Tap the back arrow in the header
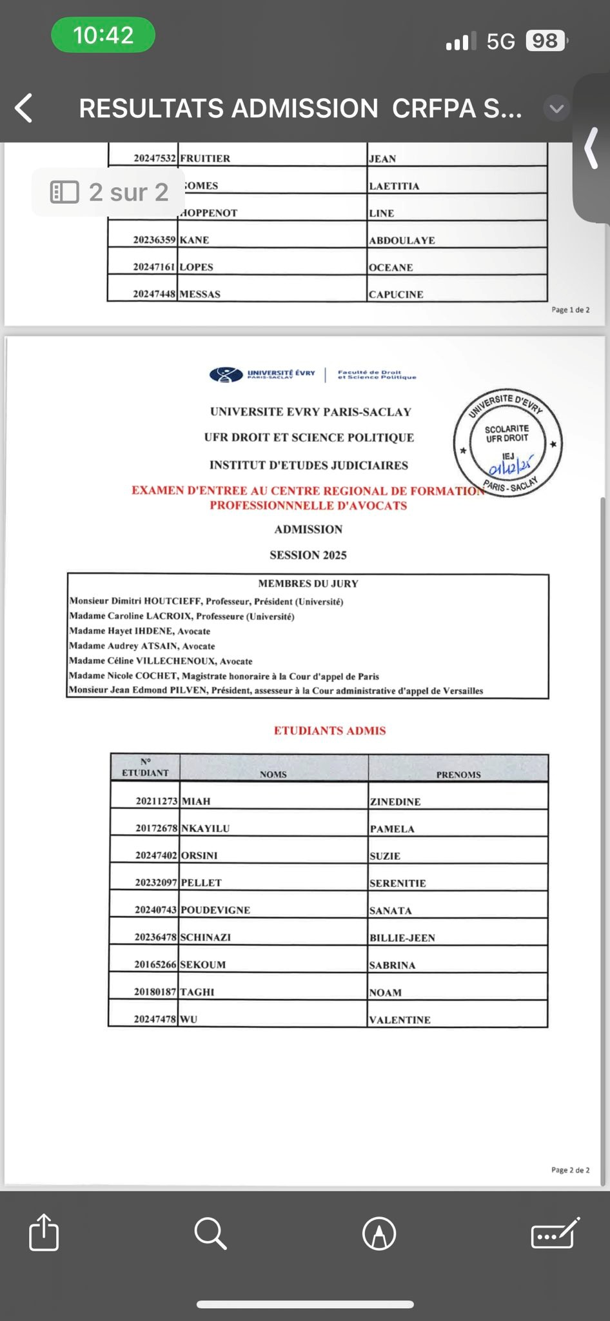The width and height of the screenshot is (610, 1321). click(x=24, y=108)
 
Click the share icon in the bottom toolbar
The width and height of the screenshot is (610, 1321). click(x=44, y=1233)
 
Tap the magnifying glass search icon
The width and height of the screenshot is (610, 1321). click(x=210, y=1233)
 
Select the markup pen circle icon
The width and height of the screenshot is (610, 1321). click(x=379, y=1233)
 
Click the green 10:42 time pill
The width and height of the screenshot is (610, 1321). click(x=103, y=35)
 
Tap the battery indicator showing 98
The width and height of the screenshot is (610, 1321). click(x=546, y=41)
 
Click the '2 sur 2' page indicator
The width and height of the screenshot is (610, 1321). click(x=110, y=192)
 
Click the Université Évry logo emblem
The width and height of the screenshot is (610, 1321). click(x=226, y=375)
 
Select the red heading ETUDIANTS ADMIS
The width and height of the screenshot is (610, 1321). click(x=330, y=731)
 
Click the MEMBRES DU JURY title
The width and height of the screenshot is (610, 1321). click(x=308, y=584)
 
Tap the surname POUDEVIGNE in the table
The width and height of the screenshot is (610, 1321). click(x=215, y=910)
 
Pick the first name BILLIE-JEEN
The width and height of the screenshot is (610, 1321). click(x=402, y=938)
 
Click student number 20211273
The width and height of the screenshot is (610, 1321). click(x=156, y=801)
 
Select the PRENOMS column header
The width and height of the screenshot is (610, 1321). click(x=458, y=775)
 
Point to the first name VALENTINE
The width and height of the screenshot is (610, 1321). click(x=400, y=1020)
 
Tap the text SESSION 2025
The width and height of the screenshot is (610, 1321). click(x=308, y=555)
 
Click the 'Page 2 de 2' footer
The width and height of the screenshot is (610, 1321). click(x=570, y=1170)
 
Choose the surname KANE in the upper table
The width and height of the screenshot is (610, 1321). click(x=195, y=240)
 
